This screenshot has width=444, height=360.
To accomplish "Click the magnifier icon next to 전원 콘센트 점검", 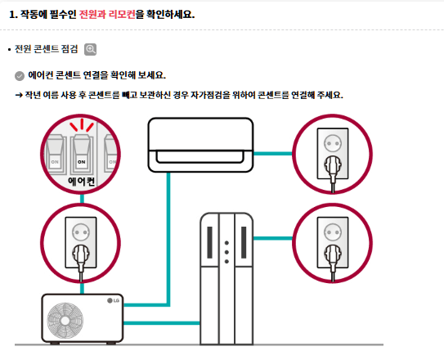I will click(90, 49).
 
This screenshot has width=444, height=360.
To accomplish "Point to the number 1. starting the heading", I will click(13, 14).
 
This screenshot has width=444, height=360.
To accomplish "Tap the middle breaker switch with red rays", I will click(81, 149).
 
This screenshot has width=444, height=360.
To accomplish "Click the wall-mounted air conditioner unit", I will click(200, 147).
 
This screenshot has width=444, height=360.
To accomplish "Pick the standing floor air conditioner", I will click(227, 278).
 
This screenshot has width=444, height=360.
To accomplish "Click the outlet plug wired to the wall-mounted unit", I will click(332, 151).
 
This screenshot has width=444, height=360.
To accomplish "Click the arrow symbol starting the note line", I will click(20, 95).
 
